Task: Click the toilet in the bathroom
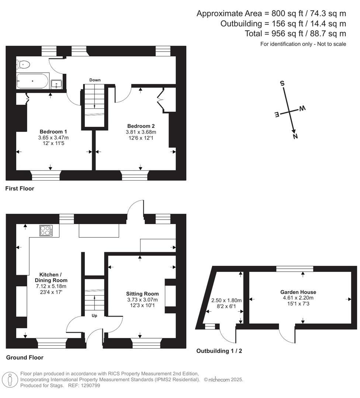coord(23,64)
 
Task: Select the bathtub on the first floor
coord(32,81)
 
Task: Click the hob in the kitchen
coord(46,231)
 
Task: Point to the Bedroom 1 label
coord(53,132)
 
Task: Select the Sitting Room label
coord(142,294)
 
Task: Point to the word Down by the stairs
coord(95,80)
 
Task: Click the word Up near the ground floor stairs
coord(94,315)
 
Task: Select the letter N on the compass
coord(295,136)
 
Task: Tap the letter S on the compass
coord(283,83)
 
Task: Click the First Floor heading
coord(20,189)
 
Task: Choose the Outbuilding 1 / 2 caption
coord(219,351)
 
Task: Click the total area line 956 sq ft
coord(295,34)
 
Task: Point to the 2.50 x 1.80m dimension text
coord(226,300)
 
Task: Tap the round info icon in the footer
coord(10,379)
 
